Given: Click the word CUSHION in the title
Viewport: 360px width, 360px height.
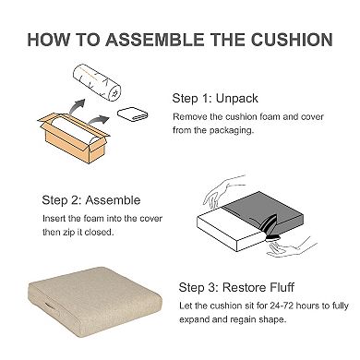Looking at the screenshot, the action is [x=292, y=40].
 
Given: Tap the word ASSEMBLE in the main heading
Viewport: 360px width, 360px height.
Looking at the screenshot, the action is [x=155, y=40].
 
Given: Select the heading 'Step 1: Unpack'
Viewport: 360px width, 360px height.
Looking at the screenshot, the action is [x=215, y=99].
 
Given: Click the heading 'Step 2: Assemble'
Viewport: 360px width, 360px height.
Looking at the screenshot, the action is [x=91, y=200].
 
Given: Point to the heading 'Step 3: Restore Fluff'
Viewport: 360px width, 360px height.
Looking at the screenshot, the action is [x=236, y=288].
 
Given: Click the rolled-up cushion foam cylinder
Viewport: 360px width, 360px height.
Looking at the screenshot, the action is [x=97, y=81].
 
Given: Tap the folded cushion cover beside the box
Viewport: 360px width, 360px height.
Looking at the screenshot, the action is [x=133, y=114].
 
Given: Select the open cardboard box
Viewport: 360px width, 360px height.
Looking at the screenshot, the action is [x=73, y=138].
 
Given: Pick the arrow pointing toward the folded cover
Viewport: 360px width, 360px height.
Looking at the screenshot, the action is [x=98, y=120].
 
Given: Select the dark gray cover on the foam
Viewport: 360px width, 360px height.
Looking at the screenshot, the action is [x=266, y=212].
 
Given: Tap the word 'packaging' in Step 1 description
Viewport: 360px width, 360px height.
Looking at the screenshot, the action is [x=232, y=130].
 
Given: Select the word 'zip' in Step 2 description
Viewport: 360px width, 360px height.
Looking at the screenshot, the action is [x=69, y=233].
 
